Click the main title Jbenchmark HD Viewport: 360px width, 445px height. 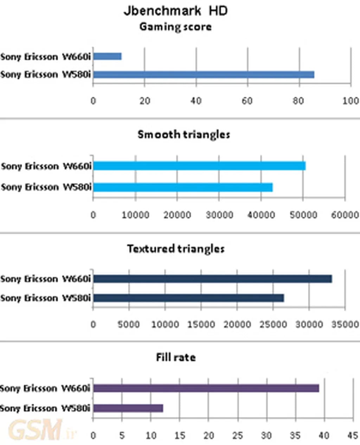point(175,11)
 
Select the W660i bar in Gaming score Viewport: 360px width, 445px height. point(108,56)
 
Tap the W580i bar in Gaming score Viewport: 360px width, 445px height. point(204,75)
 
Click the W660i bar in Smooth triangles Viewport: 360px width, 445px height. point(199,166)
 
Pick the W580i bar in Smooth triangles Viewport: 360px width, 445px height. point(183,187)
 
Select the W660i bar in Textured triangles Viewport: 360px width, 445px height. point(213,279)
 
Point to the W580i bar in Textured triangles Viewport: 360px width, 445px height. point(189,298)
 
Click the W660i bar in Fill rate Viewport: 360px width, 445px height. point(206,388)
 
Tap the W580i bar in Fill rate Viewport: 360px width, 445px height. point(128,408)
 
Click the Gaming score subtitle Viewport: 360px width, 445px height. point(175,27)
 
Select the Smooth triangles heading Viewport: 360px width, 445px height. point(184,134)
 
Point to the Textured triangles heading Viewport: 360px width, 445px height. point(176,249)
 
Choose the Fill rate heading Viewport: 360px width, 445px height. point(176,357)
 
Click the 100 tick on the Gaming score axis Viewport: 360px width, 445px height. point(351,101)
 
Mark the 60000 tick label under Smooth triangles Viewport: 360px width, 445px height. point(345,215)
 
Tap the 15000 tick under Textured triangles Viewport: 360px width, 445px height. point(201,324)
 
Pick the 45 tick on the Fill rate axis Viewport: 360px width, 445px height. point(353,436)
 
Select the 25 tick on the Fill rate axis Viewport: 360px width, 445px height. point(237,436)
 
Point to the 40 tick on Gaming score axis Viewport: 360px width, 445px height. point(196,101)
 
